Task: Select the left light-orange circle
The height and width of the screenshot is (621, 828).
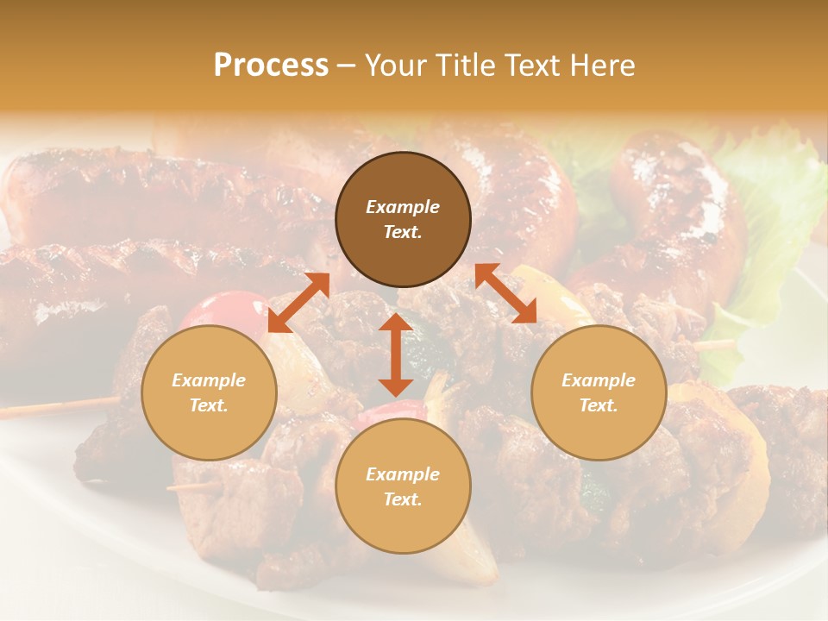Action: tap(209, 392)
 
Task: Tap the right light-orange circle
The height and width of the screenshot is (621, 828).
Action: tap(599, 392)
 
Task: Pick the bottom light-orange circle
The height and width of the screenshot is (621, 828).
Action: tap(403, 486)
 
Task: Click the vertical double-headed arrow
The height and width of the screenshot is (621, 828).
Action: tap(396, 354)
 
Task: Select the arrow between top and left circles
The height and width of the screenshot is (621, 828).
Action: tap(298, 303)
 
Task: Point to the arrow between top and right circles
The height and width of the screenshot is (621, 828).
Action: tap(506, 293)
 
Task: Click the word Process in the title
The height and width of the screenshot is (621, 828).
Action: tap(271, 66)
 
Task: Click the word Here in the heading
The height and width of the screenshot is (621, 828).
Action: tap(603, 66)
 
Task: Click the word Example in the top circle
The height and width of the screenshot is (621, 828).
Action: tap(403, 207)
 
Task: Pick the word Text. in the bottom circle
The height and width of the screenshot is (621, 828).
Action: tap(403, 499)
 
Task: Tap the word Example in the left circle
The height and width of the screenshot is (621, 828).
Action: tap(209, 380)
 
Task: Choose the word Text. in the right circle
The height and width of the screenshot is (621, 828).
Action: tap(599, 405)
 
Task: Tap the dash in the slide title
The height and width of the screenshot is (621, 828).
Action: tap(347, 66)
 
